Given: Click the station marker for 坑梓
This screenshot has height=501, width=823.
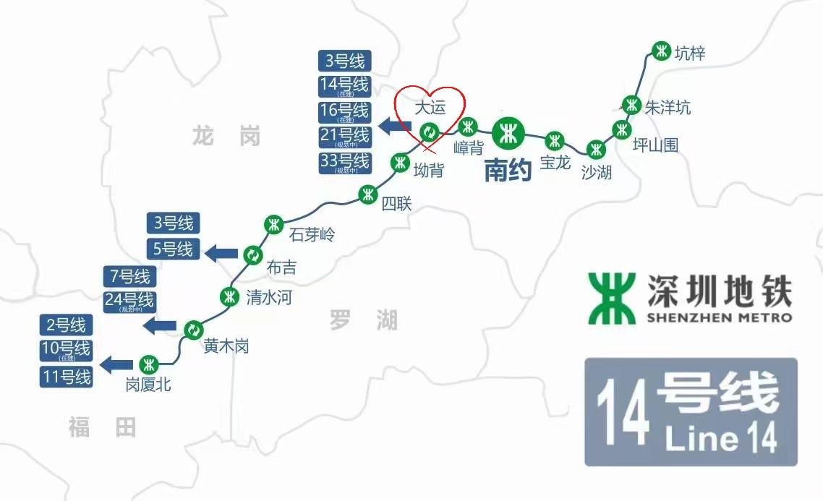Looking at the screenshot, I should pos(661,51).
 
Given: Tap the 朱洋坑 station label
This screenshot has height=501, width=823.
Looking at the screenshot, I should pos(668,108).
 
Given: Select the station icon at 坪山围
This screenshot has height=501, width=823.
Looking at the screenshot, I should pos(621,130).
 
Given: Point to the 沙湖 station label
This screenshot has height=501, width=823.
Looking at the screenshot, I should pos(597,172).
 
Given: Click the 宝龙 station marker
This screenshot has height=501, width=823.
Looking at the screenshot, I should pos(555,140).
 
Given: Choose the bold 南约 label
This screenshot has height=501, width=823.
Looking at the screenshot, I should pos(508,170).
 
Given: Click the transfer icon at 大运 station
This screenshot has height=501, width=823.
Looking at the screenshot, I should pos(430,131).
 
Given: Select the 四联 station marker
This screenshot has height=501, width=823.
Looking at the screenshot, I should pos(368,194).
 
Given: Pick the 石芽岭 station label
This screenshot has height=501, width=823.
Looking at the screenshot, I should pos(312,234).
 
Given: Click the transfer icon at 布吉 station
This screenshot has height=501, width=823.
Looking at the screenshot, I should pos(252,254).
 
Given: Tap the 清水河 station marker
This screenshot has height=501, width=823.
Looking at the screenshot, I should pos(230,296).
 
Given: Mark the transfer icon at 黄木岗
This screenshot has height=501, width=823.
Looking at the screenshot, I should pos(192,330).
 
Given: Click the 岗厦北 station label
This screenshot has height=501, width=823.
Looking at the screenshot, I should pos(148,385).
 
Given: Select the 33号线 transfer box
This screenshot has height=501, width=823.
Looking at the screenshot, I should pos(344,162).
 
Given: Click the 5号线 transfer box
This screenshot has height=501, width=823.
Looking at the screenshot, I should pos(174,249).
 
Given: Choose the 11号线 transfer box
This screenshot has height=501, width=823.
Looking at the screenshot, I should pos(67,377).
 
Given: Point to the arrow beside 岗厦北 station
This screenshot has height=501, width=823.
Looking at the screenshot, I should pos(116,364).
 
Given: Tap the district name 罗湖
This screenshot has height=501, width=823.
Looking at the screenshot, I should pos(364,320).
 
